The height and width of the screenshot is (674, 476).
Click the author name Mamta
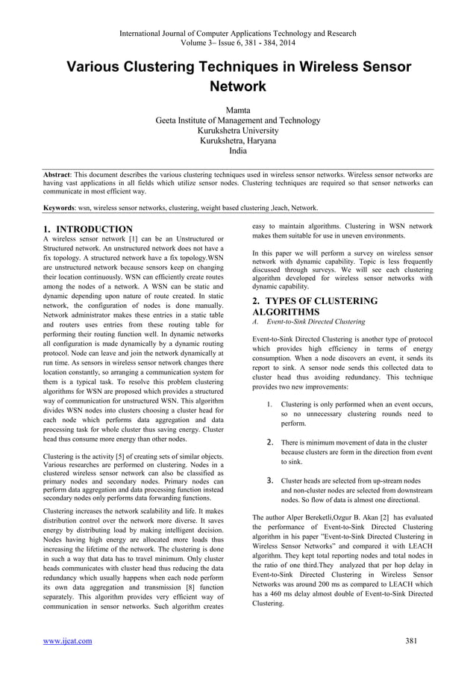pyautogui.click(x=237, y=109)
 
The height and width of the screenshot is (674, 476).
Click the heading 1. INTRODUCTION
pyautogui.click(x=88, y=229)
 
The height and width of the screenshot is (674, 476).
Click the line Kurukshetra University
pyautogui.click(x=237, y=130)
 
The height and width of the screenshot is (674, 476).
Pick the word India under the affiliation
pyautogui.click(x=237, y=150)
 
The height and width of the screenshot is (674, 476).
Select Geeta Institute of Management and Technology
pyautogui.click(x=237, y=120)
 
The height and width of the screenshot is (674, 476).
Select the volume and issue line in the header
pyautogui.click(x=237, y=43)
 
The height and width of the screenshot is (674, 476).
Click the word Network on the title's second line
pyautogui.click(x=237, y=86)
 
